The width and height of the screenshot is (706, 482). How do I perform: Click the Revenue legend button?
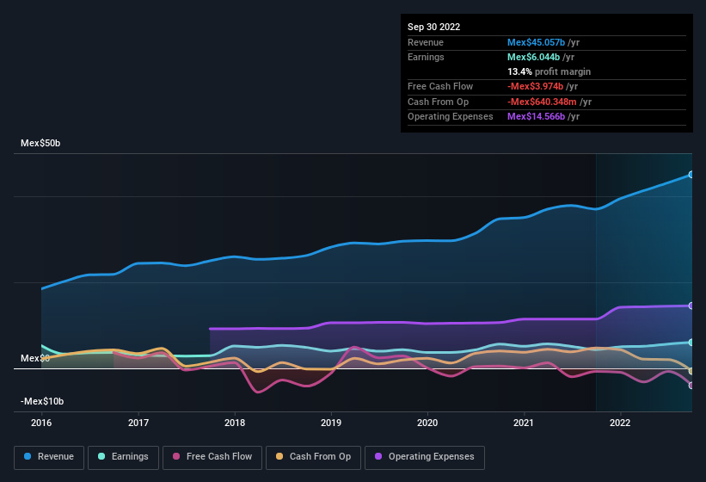[50, 457]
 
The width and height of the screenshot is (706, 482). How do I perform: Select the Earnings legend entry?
[124, 457]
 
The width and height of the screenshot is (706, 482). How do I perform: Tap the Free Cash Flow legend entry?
[212, 457]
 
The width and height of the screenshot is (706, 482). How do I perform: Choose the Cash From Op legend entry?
[313, 457]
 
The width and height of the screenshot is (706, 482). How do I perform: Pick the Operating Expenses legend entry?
[425, 457]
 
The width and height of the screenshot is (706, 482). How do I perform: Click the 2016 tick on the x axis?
[41, 423]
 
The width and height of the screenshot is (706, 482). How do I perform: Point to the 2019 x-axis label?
[331, 423]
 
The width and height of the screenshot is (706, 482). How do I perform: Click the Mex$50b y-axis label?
[40, 143]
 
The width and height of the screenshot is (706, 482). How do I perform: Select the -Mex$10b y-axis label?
[43, 401]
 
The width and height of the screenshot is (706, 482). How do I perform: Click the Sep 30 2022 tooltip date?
[434, 27]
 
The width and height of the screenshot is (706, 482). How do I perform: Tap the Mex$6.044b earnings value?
[534, 57]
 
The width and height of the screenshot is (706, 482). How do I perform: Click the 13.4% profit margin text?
[549, 71]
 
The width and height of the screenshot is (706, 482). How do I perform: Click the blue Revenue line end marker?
[691, 175]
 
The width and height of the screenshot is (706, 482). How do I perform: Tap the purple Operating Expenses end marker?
[691, 306]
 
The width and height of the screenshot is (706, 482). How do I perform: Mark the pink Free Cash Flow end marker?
[691, 386]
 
